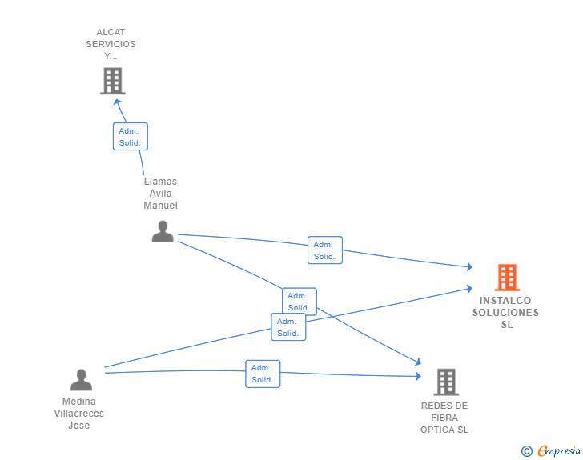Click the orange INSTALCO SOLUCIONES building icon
[507, 277]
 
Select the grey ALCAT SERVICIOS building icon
[113, 81]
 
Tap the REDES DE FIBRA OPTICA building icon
[446, 382]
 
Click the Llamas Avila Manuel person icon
[163, 231]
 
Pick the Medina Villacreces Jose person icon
[81, 380]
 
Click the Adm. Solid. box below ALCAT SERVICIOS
[131, 136]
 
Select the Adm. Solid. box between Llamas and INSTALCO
[325, 250]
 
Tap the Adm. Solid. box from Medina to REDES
[263, 374]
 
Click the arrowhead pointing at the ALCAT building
[117, 102]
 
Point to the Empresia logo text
[559, 450]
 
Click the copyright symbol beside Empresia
[527, 451]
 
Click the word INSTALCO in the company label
[505, 300]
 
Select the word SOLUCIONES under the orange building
[505, 313]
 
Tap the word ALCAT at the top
[111, 32]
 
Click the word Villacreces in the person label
[78, 413]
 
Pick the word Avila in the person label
[161, 194]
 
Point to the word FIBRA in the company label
[444, 418]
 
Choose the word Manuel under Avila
[161, 205]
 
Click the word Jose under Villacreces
[78, 425]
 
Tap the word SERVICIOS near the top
[111, 44]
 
